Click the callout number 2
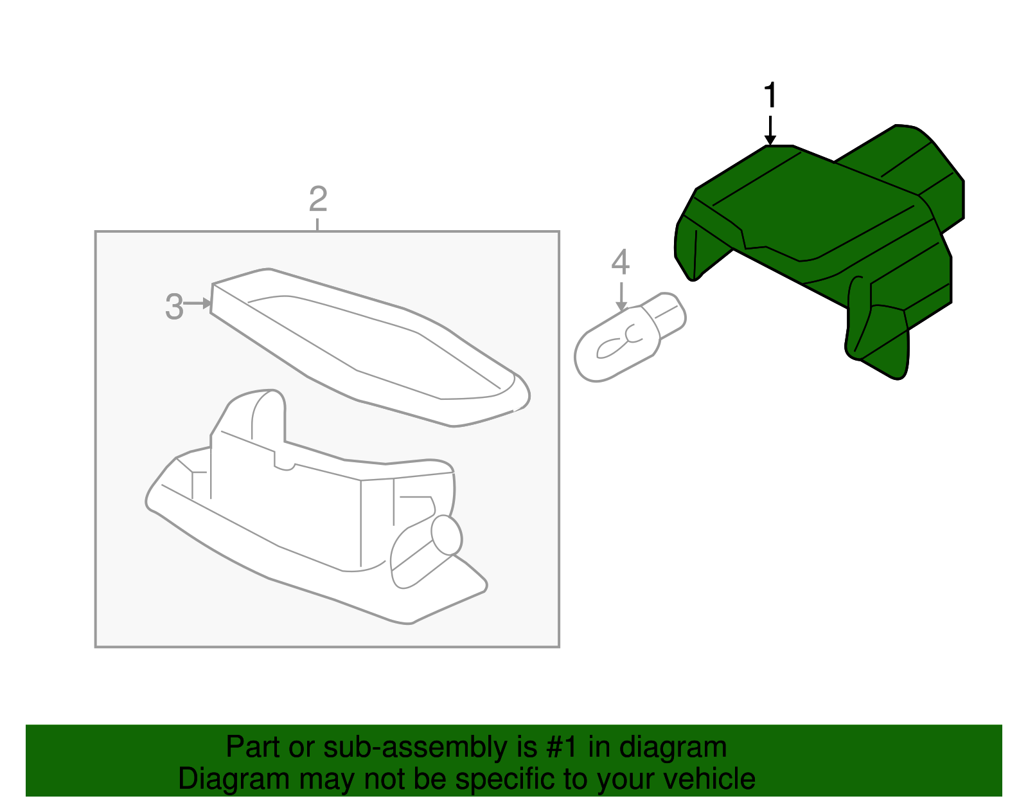(318, 199)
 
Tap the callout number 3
(174, 307)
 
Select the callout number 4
(620, 262)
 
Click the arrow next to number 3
(198, 303)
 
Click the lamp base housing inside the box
(302, 521)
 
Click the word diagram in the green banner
(673, 747)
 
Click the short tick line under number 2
(317, 224)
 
